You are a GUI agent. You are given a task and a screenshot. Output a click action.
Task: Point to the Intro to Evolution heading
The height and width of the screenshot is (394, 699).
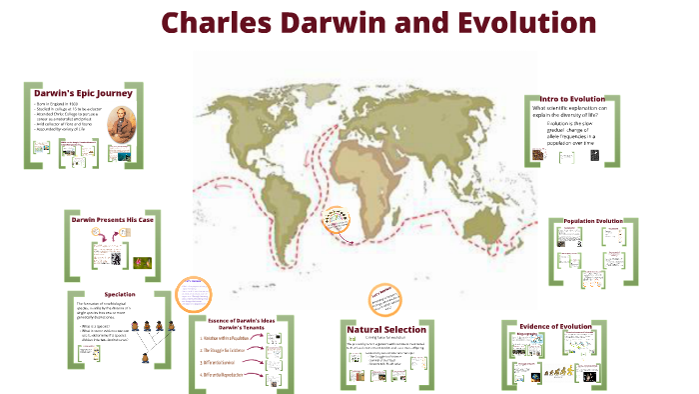(572, 99)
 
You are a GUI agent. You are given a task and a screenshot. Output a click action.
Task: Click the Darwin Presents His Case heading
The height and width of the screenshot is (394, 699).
(112, 218)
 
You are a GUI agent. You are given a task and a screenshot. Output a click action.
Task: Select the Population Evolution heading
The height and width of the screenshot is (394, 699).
(593, 220)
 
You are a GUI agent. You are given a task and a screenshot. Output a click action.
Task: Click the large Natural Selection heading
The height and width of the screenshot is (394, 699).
(386, 329)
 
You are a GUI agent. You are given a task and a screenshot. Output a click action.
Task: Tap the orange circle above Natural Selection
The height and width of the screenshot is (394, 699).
(381, 298)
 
